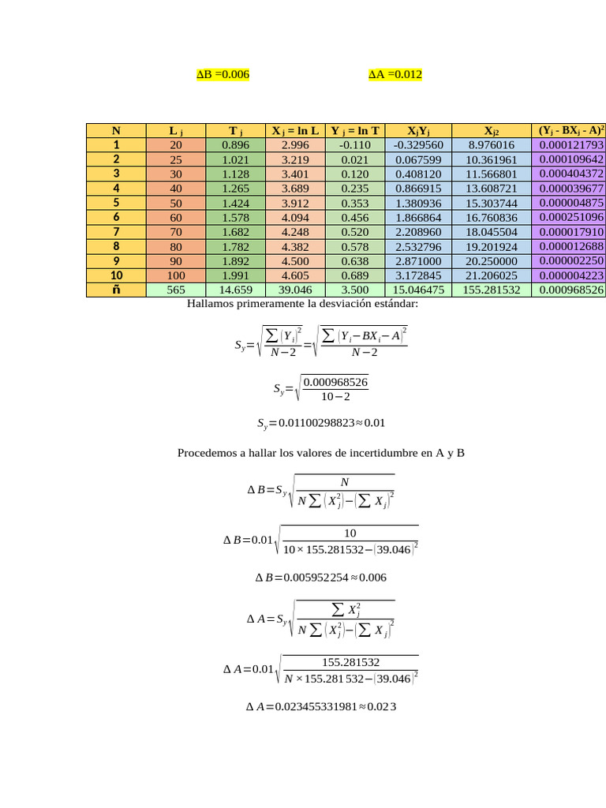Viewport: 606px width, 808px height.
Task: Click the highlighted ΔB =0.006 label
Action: [x=223, y=75]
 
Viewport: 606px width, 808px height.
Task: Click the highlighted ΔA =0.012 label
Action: [x=395, y=75]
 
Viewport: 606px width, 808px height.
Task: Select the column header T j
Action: [x=235, y=131]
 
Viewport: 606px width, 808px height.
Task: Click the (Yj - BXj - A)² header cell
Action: [x=570, y=131]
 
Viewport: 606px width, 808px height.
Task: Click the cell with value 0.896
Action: [x=236, y=145]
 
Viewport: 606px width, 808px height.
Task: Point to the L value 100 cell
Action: [x=175, y=275]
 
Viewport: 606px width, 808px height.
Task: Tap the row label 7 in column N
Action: [x=116, y=232]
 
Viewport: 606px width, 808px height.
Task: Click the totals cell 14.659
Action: [x=236, y=290]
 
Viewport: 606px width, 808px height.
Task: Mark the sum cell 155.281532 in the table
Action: [x=492, y=290]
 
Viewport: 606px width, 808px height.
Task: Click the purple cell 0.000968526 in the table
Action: [x=570, y=290]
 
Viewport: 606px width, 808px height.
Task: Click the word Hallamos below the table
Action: [x=215, y=304]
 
